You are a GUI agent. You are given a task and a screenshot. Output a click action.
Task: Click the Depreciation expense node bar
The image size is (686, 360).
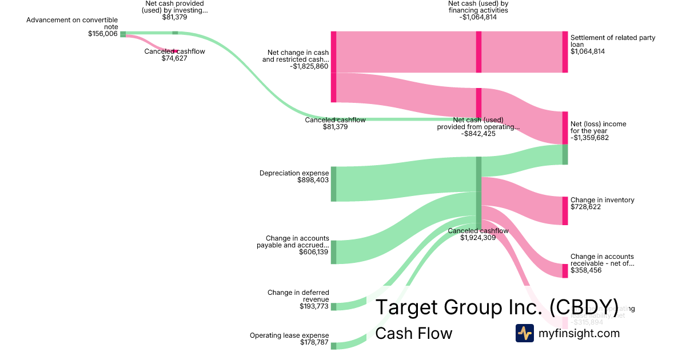(333, 184)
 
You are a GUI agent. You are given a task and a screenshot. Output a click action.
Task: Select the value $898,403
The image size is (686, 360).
(313, 180)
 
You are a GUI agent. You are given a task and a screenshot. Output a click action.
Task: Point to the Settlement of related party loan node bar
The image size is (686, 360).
(565, 52)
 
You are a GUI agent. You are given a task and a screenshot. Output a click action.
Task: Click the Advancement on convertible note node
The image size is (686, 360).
(123, 34)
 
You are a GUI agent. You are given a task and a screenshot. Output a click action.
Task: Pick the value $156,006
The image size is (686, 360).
(103, 34)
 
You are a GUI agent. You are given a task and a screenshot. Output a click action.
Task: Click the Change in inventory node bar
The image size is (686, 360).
(565, 210)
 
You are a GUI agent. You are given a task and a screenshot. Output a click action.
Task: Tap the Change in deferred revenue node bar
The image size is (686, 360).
(333, 306)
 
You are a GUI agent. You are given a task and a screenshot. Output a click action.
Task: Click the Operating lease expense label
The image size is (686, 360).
(289, 335)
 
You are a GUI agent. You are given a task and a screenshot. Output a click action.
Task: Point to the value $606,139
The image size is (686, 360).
(314, 252)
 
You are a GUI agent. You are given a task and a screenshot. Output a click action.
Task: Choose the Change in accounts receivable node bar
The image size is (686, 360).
(565, 270)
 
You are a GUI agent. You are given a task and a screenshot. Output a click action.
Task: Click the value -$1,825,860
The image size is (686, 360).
(309, 66)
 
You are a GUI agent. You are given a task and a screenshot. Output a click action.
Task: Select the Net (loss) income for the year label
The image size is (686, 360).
(598, 127)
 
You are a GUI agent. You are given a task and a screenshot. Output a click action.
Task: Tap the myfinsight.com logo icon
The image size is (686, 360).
(524, 333)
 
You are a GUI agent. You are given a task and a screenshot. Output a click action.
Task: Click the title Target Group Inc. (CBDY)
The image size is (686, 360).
(496, 307)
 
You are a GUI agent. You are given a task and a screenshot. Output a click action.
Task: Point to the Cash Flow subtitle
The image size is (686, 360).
(413, 334)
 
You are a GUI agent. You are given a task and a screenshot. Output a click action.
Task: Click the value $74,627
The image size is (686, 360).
(174, 58)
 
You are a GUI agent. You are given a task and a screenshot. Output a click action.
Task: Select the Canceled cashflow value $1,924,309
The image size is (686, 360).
(478, 238)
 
